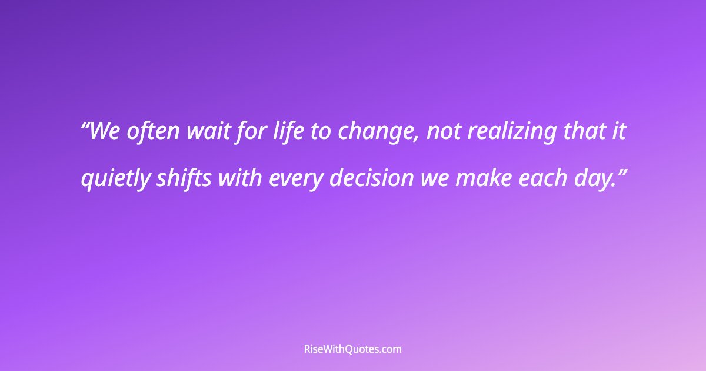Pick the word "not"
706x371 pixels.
(x=444, y=132)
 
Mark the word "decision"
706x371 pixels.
(x=371, y=178)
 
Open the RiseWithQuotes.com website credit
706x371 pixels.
(x=353, y=349)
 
